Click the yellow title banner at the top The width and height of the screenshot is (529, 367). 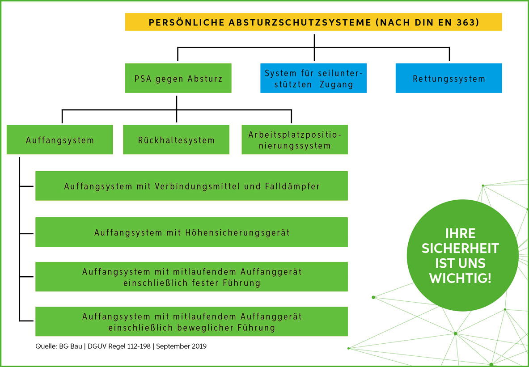[x=313, y=22]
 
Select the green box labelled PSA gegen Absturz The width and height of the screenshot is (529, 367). [x=178, y=78]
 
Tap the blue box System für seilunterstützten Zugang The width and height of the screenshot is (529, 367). [x=313, y=78]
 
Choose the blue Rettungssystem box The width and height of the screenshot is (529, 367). [x=449, y=78]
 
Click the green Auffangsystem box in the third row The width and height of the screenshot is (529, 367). [x=60, y=139]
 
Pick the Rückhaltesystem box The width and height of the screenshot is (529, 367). [x=176, y=139]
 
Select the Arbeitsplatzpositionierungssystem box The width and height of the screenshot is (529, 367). [x=295, y=139]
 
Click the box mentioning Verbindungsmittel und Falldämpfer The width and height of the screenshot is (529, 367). [x=192, y=186]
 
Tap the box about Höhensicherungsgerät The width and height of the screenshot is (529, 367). [x=192, y=232]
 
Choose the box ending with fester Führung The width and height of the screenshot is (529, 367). [x=192, y=277]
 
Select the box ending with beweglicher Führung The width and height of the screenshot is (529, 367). [x=192, y=321]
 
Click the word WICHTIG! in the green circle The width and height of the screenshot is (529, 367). [x=460, y=278]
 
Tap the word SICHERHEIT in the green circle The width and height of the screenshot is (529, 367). [x=460, y=249]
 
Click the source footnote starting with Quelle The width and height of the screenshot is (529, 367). [x=121, y=346]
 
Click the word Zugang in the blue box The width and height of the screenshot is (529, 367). [x=336, y=84]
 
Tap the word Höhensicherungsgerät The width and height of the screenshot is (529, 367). [x=237, y=233]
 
